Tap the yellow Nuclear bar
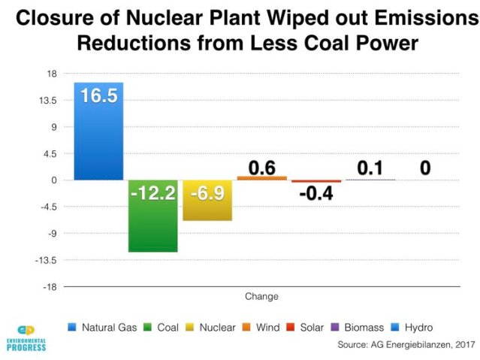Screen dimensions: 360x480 pos(207,210)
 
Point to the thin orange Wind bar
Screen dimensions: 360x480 pos(261,178)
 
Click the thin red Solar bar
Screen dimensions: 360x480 pos(316,181)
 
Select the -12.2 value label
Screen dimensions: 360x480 pos(152,193)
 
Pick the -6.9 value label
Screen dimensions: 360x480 pos(207,193)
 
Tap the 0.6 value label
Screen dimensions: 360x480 pos(261,168)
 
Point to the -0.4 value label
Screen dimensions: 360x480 pos(316,194)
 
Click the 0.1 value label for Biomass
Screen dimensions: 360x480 pos(370,168)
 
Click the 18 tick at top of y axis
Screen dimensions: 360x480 pos(52,74)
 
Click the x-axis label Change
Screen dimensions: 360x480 pos(261,296)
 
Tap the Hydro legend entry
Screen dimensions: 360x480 pos(412,328)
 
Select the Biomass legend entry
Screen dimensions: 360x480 pos(358,328)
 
